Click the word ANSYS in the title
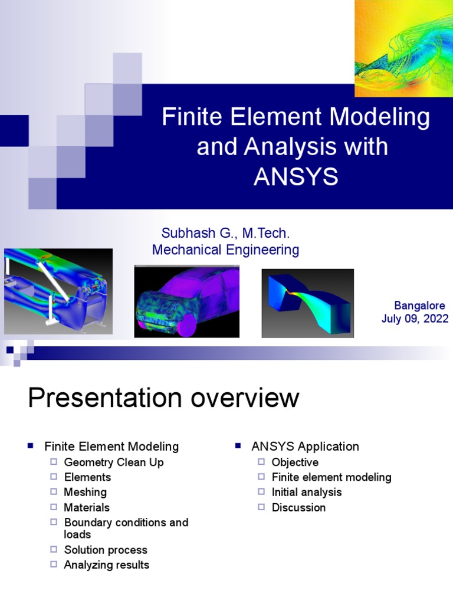pyautogui.click(x=296, y=176)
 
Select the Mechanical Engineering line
pyautogui.click(x=225, y=250)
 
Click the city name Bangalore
pyautogui.click(x=419, y=306)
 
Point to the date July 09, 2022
pyautogui.click(x=415, y=319)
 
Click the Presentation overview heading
pyautogui.click(x=163, y=398)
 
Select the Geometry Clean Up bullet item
pyautogui.click(x=114, y=462)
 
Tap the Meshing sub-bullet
pyautogui.click(x=86, y=492)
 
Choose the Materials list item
pyautogui.click(x=87, y=507)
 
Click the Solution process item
pyautogui.click(x=106, y=550)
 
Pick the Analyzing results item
pyautogui.click(x=107, y=565)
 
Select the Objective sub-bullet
pyautogui.click(x=295, y=462)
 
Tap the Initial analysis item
pyautogui.click(x=306, y=492)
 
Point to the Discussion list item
pyautogui.click(x=298, y=507)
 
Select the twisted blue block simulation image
pyautogui.click(x=307, y=303)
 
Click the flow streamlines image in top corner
pyautogui.click(x=403, y=48)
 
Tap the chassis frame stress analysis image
pyautogui.click(x=58, y=291)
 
